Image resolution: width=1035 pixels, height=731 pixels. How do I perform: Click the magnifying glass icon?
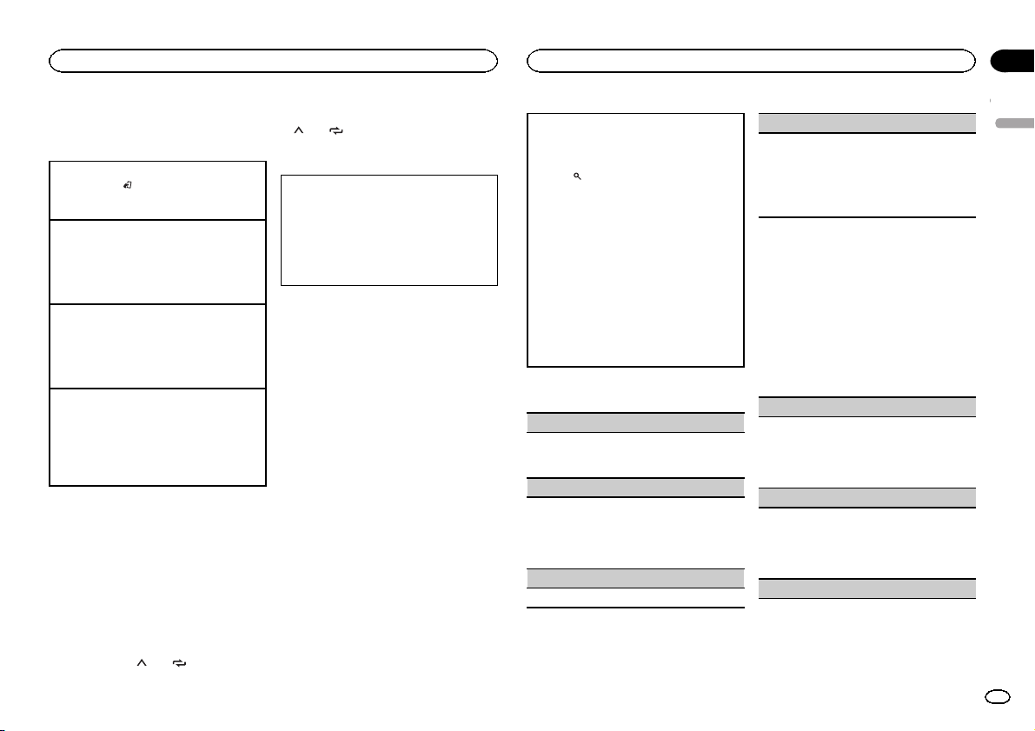(x=575, y=176)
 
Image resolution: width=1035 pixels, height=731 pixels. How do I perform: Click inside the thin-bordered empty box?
(x=388, y=230)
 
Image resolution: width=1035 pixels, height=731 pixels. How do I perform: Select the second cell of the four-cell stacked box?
(x=157, y=262)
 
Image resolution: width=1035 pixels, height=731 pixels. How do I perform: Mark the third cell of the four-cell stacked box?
(x=157, y=346)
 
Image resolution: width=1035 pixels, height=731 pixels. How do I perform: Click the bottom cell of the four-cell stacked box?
(x=157, y=436)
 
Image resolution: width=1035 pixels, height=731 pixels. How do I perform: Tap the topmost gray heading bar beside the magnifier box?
(x=867, y=123)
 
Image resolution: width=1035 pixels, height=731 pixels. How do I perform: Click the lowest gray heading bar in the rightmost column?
(x=867, y=588)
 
